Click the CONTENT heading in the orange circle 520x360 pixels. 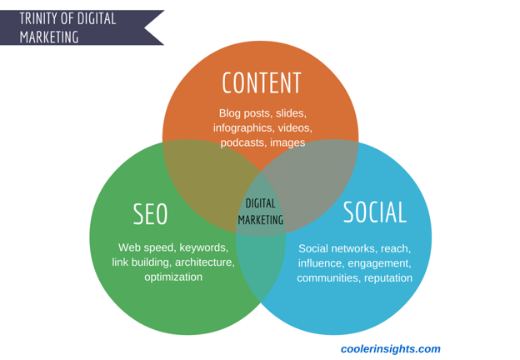pos(262,82)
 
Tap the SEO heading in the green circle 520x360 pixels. pos(150,214)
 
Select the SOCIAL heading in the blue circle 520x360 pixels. pos(375,212)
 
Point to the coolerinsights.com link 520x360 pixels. pos(391,348)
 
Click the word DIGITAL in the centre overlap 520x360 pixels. pos(260,203)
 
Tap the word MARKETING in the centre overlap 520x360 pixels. pos(261,220)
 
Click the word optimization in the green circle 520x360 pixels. pos(173,277)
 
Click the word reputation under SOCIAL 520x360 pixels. pos(388,278)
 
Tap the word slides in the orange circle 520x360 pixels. pos(291,113)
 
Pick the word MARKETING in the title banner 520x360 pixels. pos(49,37)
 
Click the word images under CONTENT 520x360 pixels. pos(287,142)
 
